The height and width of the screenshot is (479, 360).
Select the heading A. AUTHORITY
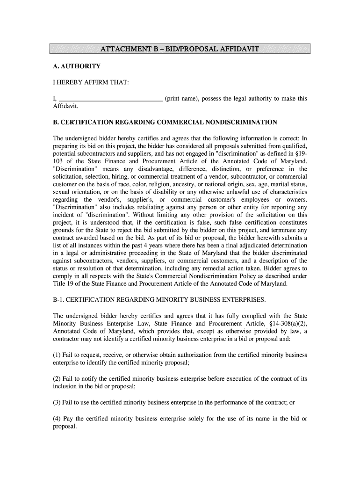(x=76, y=66)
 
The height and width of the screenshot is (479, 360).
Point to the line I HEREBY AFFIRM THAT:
(x=90, y=83)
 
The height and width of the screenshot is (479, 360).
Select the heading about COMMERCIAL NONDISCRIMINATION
(x=165, y=123)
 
